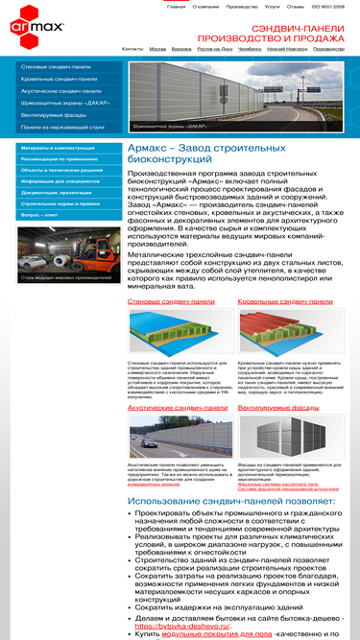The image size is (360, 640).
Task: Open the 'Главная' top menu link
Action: (x=176, y=6)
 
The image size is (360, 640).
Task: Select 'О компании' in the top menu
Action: (x=205, y=6)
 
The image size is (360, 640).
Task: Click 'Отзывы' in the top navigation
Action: (x=296, y=6)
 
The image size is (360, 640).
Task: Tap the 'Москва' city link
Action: (x=157, y=48)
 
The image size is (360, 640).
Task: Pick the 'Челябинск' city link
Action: (x=249, y=48)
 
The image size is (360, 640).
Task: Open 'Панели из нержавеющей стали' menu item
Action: (x=62, y=127)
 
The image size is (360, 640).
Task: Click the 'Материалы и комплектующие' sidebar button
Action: (x=58, y=149)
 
